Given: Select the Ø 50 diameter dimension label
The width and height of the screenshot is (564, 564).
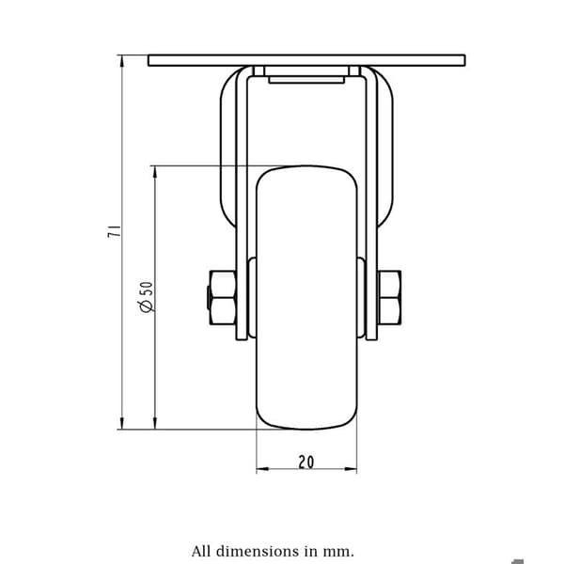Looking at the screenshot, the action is click(147, 297).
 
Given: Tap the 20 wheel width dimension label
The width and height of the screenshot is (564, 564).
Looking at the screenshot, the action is click(306, 462).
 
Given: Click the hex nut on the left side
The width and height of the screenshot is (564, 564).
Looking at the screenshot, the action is click(222, 298).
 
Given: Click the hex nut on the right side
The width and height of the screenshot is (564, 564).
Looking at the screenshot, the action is click(389, 298).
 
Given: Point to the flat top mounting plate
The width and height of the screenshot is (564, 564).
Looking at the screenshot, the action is click(306, 60).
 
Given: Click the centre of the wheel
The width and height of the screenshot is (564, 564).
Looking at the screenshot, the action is click(306, 298).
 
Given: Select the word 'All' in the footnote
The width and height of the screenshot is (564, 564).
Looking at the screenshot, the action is click(201, 551).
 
